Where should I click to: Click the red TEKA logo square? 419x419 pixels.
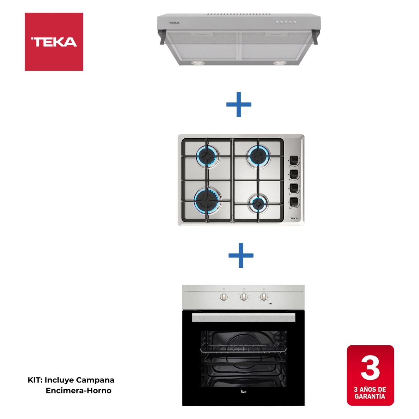tap(54, 42)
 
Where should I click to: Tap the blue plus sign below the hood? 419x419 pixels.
tap(239, 104)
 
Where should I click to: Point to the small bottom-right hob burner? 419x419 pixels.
tap(258, 203)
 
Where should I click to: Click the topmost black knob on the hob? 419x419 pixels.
tap(294, 160)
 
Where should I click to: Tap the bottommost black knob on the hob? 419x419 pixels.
tap(294, 201)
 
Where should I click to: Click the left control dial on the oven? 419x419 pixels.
tap(224, 297)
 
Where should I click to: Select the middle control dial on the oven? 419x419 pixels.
tap(244, 297)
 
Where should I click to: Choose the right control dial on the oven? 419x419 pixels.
tap(264, 297)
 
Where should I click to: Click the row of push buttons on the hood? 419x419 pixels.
tap(286, 22)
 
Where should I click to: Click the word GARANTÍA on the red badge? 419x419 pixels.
tap(370, 396)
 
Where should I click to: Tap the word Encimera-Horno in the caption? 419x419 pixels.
tap(79, 391)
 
